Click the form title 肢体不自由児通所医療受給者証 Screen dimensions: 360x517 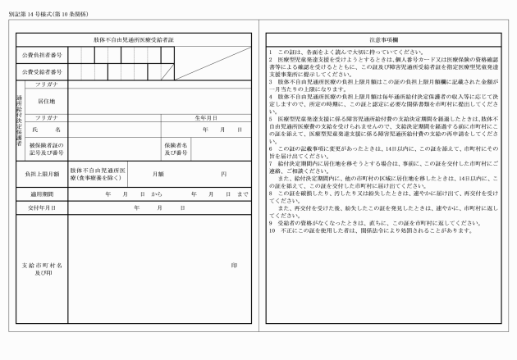coord(135,39)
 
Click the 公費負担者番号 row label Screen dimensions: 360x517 coord(43,54)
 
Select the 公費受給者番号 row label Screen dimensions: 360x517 coord(43,71)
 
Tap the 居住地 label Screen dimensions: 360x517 coord(46,101)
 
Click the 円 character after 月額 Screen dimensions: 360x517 coord(223,175)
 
